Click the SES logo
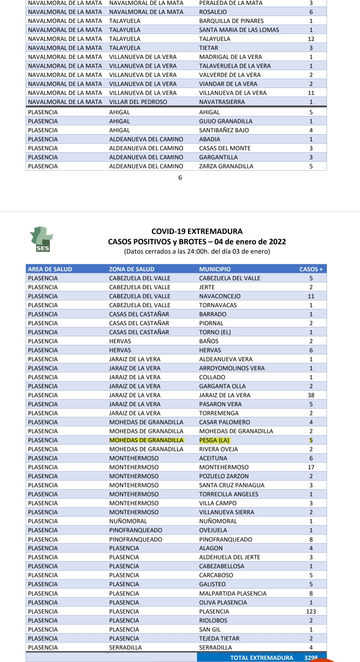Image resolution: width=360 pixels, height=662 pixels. tap(42, 239)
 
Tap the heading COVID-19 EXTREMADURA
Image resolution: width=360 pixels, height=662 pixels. tap(197, 231)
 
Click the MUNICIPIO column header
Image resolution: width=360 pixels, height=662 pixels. tap(215, 269)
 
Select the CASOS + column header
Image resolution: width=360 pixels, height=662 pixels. tap(311, 269)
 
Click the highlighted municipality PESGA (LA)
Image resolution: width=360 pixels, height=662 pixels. tap(214, 440)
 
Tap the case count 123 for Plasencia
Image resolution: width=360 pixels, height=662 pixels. tap(311, 611)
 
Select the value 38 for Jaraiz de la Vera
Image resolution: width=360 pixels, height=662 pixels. tap(311, 395)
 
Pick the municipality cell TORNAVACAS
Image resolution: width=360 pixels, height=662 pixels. tap(218, 305)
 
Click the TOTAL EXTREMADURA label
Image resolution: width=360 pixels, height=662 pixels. tap(261, 658)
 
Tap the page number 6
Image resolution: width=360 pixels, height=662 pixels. tap(180, 178)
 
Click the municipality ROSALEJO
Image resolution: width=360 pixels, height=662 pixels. tap(213, 12)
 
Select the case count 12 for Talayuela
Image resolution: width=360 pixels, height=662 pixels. tap(311, 39)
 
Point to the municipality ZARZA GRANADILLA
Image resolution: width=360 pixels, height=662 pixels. tap(226, 166)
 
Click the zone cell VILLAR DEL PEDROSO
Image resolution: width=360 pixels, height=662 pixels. tap(138, 102)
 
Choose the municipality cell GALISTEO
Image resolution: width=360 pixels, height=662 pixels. tap(212, 584)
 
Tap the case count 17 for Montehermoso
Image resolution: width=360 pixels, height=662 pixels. tap(311, 467)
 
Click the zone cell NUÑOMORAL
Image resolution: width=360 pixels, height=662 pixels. tap(128, 521)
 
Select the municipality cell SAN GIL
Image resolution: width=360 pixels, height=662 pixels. tap(210, 629)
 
